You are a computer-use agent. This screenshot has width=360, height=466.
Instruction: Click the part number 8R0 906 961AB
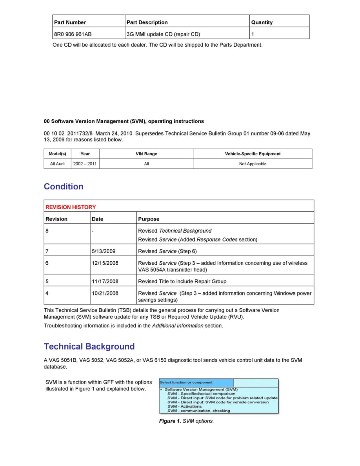click(x=73, y=34)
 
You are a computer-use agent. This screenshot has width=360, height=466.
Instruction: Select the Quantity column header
click(x=262, y=22)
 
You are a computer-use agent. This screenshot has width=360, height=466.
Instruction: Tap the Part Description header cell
click(x=147, y=22)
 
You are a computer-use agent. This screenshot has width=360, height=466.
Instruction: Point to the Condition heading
click(x=64, y=187)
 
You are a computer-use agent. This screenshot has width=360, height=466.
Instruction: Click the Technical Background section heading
click(x=89, y=347)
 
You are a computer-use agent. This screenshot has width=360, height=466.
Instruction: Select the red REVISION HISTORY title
click(x=71, y=207)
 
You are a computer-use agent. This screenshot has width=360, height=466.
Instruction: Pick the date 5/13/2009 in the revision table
click(x=103, y=251)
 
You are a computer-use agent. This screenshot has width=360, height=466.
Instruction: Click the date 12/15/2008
click(x=105, y=263)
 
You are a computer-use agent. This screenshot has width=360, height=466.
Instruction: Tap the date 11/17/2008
click(x=105, y=281)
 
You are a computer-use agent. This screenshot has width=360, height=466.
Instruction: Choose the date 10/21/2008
click(x=105, y=293)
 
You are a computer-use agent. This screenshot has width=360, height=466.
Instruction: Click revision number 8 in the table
click(x=47, y=231)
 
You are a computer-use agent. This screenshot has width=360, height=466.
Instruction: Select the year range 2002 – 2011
click(x=85, y=164)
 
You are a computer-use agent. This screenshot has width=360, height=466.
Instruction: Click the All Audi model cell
click(x=57, y=164)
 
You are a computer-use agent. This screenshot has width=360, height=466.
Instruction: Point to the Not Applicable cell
click(x=253, y=164)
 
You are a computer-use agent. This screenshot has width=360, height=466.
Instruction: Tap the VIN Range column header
click(x=146, y=154)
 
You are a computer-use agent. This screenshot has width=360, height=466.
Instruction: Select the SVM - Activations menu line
click(x=184, y=406)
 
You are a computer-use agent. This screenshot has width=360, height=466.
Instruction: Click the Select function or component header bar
click(x=196, y=382)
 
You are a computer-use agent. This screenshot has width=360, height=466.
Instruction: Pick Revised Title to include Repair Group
click(x=182, y=281)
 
